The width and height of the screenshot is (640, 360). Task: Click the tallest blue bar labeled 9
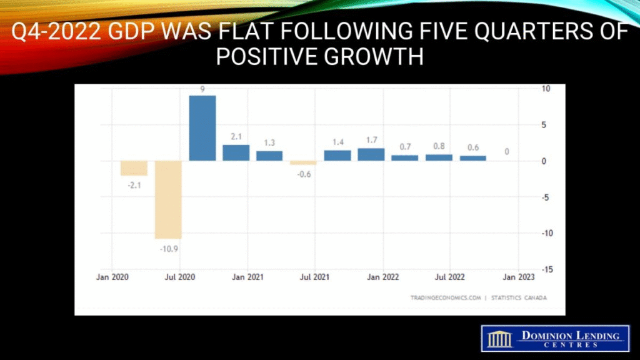click(202, 128)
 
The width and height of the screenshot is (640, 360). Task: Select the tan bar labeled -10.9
click(168, 199)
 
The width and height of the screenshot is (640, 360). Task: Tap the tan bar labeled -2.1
click(134, 168)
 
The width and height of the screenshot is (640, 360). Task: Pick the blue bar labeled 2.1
click(236, 152)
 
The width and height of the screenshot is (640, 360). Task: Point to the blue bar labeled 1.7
click(371, 154)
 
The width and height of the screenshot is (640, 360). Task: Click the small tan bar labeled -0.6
click(303, 162)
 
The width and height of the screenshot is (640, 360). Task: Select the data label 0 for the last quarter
click(507, 152)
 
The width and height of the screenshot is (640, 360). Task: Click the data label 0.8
click(439, 146)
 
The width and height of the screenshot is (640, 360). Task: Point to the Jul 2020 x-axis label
click(180, 276)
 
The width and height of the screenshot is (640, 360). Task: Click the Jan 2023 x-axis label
click(518, 276)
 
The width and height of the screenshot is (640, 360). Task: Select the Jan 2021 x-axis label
click(247, 276)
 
